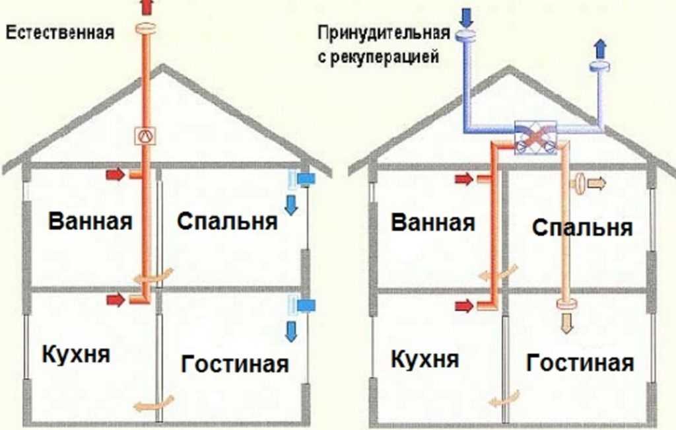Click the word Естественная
[x=60, y=33]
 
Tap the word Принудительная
[x=384, y=34]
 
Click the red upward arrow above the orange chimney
[x=147, y=7]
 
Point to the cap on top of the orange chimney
[x=146, y=28]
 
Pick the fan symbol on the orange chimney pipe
[x=145, y=136]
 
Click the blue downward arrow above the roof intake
[x=466, y=17]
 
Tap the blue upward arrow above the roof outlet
[x=601, y=48]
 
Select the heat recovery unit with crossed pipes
[x=536, y=137]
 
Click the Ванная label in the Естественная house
[x=90, y=221]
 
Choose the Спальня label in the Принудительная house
[x=582, y=227]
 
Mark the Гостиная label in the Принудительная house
[x=580, y=363]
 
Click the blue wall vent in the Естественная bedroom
[x=306, y=178]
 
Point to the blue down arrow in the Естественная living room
[x=291, y=332]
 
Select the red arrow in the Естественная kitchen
[x=116, y=299]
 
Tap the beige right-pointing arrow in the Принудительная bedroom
[x=597, y=184]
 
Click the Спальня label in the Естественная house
[x=227, y=221]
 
